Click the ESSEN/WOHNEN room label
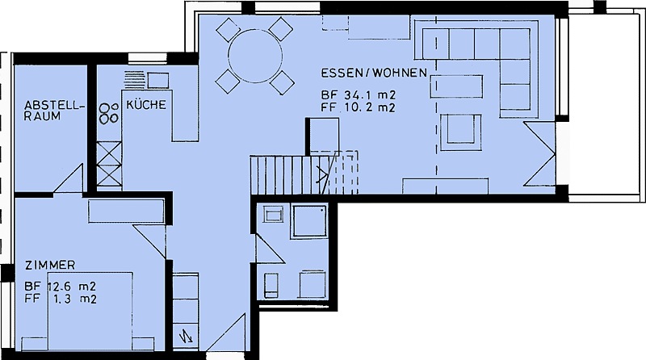[x=374, y=73]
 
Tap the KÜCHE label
[x=146, y=105]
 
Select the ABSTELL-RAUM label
[x=54, y=111]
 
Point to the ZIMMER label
[x=50, y=266]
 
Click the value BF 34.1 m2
[x=359, y=95]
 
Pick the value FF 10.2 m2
[x=359, y=108]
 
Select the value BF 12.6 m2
[x=61, y=286]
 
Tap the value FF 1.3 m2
[x=61, y=299]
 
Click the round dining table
[x=255, y=56]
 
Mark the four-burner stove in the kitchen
[x=108, y=113]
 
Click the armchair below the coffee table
[x=460, y=132]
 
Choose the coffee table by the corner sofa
[x=456, y=86]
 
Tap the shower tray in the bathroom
[x=309, y=221]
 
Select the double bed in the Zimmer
[x=90, y=311]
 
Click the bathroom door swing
[x=270, y=248]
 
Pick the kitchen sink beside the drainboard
[x=157, y=80]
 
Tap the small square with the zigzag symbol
[x=186, y=337]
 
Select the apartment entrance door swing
[x=226, y=333]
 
